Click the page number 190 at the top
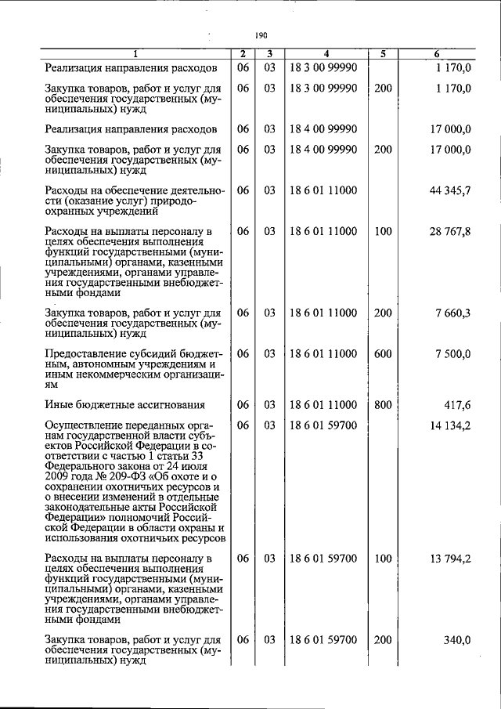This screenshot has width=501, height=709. (261, 35)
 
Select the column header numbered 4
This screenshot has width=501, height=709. (326, 54)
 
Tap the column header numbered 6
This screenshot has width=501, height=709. (438, 54)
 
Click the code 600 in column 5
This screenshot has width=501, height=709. (383, 354)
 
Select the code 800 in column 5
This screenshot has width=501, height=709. (383, 405)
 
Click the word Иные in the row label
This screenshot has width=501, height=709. (60, 405)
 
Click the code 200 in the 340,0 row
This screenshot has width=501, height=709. (383, 640)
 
